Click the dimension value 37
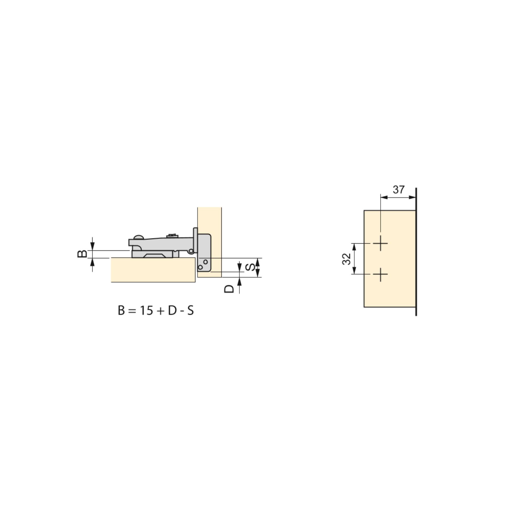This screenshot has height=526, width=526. click(x=399, y=189)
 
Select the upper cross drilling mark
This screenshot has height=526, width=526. click(x=380, y=243)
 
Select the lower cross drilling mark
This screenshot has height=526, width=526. click(x=380, y=274)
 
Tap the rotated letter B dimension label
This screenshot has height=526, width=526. click(x=82, y=254)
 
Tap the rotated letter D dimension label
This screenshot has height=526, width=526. click(x=229, y=289)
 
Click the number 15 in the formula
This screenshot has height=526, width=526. click(x=146, y=311)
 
